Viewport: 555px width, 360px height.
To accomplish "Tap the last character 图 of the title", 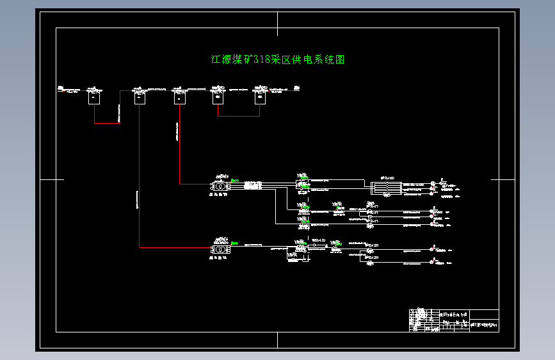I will pos(341,60).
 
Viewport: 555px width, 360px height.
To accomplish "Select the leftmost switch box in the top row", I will pos(94,97).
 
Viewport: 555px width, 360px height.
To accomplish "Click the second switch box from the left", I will pos(140,97).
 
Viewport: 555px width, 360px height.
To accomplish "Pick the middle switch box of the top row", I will pos(179,97).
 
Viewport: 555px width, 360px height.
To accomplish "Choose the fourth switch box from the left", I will pos(218,97).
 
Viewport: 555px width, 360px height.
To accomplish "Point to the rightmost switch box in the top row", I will pos(259,97).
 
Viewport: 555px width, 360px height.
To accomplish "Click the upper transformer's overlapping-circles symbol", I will pos(221,186).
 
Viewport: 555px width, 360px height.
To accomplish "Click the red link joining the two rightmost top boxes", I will pos(238,116).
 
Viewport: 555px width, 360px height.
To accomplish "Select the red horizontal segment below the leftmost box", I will pos(107,123).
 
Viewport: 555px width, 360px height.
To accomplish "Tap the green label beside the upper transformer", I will pos(236,180).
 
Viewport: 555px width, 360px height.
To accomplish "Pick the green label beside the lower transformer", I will pos(236,243).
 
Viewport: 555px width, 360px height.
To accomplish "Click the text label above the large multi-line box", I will pos(387,177).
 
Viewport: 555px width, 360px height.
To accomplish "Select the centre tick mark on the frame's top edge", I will pos(277,24).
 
